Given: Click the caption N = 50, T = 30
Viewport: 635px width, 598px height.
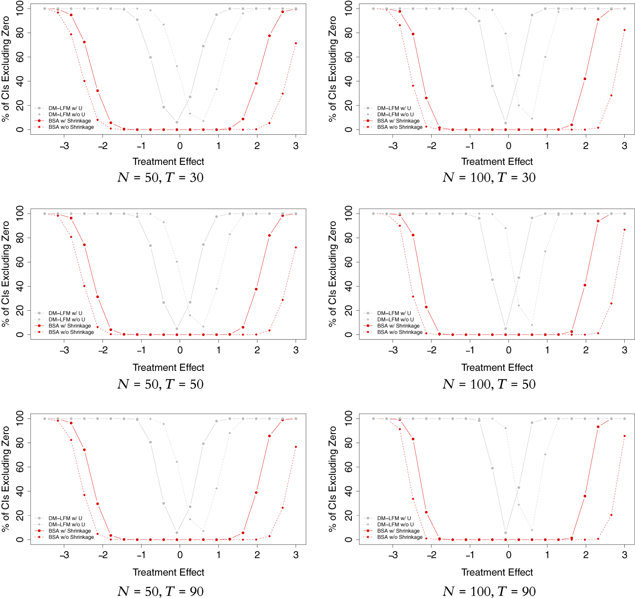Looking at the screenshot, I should pos(160,177).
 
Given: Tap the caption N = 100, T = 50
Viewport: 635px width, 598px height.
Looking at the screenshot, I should pos(489,384).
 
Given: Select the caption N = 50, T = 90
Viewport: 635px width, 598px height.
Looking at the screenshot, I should pos(160,591).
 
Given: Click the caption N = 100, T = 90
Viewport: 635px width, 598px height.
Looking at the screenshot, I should pos(489,591).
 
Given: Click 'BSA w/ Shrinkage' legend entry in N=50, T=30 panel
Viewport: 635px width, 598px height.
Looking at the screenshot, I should pos(69,121).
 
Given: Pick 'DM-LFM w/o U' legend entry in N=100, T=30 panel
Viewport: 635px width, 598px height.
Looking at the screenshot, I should pos(395,115).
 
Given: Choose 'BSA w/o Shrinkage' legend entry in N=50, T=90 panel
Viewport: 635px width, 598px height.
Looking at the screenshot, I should pos(71,537).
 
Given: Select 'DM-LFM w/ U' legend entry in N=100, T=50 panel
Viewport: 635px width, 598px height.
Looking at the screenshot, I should pos(394,313).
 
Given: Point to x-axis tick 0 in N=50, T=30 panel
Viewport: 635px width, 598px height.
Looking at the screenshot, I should pos(180,146).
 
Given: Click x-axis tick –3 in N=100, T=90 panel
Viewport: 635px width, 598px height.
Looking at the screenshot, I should pos(393,555).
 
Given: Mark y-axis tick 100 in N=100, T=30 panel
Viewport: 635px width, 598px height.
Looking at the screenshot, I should pos(348,8).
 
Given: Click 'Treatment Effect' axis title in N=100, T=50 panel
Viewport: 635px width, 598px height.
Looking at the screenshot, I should pos(497,367).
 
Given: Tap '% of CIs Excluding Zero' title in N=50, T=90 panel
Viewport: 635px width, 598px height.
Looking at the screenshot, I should pos(6,479).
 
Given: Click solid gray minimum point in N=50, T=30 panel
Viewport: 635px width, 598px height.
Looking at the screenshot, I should pos(177,122).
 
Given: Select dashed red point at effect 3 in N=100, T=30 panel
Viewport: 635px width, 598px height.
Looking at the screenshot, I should pos(624,30).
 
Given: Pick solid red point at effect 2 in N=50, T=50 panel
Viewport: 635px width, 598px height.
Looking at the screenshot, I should pos(256,289).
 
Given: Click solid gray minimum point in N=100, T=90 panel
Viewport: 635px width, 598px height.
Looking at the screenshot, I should pos(505,533).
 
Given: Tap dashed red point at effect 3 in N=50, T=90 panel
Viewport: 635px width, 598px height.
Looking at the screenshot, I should pos(295,447).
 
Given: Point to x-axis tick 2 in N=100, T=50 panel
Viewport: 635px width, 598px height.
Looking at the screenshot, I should pos(585,350).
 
